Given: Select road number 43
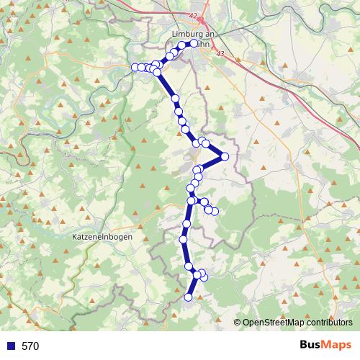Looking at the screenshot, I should tap(220, 55).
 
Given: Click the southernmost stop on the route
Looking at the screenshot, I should tap(189, 297).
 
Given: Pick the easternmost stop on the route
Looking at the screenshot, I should tap(225, 156).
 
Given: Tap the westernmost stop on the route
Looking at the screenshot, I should tap(135, 68).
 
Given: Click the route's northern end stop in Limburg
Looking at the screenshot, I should tap(194, 43).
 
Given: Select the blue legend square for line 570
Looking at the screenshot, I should tap(9, 346).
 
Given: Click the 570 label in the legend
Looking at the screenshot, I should tap(30, 346).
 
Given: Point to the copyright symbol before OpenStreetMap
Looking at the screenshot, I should tap(238, 323).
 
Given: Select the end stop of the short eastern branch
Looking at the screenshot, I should tap(215, 210).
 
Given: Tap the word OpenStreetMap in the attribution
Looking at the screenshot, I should tap(273, 323).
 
